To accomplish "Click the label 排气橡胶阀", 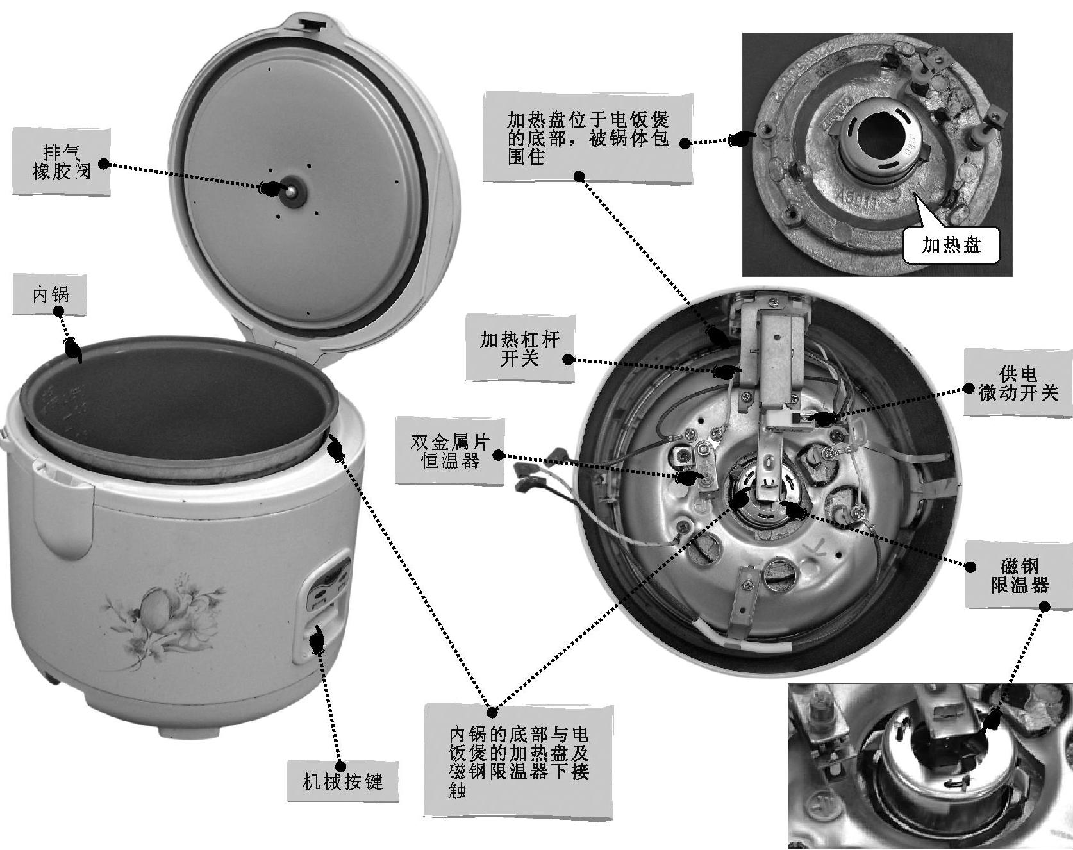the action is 62,162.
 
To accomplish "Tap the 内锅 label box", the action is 50,295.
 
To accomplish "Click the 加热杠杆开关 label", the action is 519,348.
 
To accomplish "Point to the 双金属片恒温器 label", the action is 449,451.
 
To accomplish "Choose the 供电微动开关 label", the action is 1019,383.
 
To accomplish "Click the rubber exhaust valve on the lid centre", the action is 290,190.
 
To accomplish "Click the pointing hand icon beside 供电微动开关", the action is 822,417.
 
